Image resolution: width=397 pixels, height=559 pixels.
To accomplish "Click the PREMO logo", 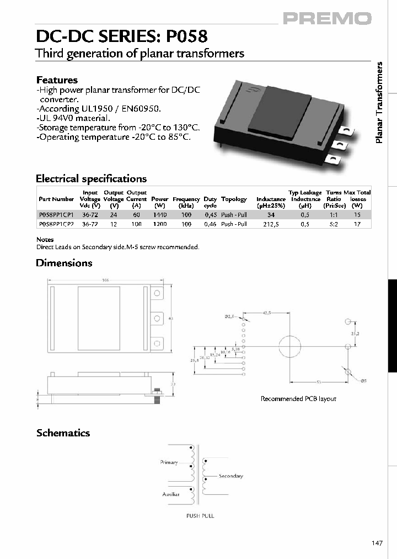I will (328, 19).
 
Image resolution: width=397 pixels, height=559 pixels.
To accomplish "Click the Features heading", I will (57, 80).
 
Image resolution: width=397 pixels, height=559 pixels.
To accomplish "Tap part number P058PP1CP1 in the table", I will (56, 214).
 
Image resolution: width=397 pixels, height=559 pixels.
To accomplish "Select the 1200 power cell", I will (159, 224).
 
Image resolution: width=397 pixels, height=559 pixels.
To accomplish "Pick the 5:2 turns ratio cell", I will (334, 224).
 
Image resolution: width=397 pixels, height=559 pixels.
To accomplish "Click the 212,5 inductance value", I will (270, 224).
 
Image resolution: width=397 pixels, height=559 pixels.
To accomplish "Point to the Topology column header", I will (234, 199).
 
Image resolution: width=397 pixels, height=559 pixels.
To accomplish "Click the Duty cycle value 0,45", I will (210, 214).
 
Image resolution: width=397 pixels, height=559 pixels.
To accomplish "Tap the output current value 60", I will (136, 214).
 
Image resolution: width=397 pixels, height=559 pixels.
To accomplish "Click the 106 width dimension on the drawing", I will (105, 281).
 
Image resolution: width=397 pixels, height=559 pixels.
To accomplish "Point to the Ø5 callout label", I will (363, 381).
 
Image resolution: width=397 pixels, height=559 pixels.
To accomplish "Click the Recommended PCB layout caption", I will (298, 398).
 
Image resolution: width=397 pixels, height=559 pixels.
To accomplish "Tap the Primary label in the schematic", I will (169, 462).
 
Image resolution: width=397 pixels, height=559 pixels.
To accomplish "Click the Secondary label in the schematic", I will (230, 476).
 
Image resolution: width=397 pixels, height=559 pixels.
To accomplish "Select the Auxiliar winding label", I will (170, 494).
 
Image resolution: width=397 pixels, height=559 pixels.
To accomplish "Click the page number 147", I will (377, 544).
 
